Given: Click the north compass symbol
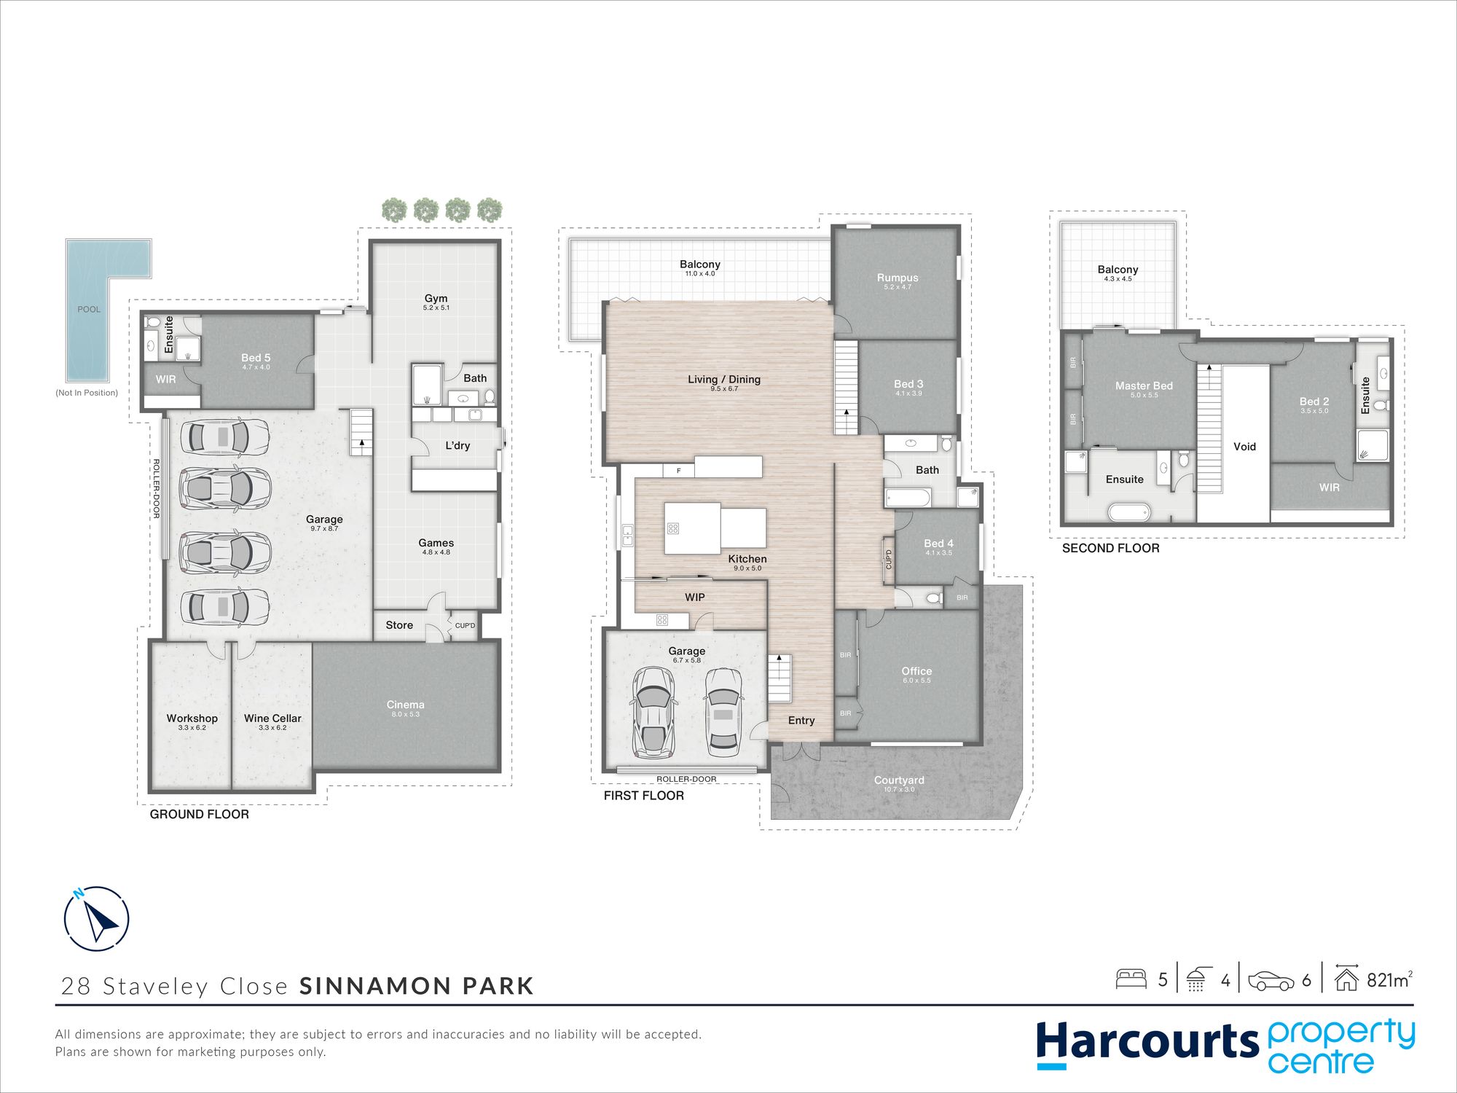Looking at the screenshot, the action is [x=96, y=919].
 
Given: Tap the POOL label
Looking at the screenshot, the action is [x=89, y=309].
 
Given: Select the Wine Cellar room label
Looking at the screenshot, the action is [x=272, y=718].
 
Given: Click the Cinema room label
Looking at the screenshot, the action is [x=405, y=704].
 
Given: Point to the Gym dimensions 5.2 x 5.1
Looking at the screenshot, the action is [x=436, y=307].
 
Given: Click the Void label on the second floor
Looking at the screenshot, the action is [x=1244, y=446].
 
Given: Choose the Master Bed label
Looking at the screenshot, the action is [x=1144, y=385].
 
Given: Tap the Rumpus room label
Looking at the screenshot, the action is [x=898, y=277].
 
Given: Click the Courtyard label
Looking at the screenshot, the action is [x=899, y=780].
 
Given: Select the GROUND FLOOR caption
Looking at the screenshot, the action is [x=199, y=814].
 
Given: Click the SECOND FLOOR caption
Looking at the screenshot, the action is [x=1110, y=548].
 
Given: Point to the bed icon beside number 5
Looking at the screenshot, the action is [x=1131, y=979].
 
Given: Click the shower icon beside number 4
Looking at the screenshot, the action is [x=1198, y=979].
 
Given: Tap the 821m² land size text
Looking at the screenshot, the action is [x=1389, y=979].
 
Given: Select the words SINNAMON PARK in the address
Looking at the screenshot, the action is [x=417, y=986].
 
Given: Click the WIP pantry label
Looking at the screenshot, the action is [x=694, y=597].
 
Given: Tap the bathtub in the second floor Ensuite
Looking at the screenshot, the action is [x=1128, y=512].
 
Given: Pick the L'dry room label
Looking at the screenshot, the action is [x=457, y=445].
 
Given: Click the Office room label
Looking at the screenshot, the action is [x=916, y=670].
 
